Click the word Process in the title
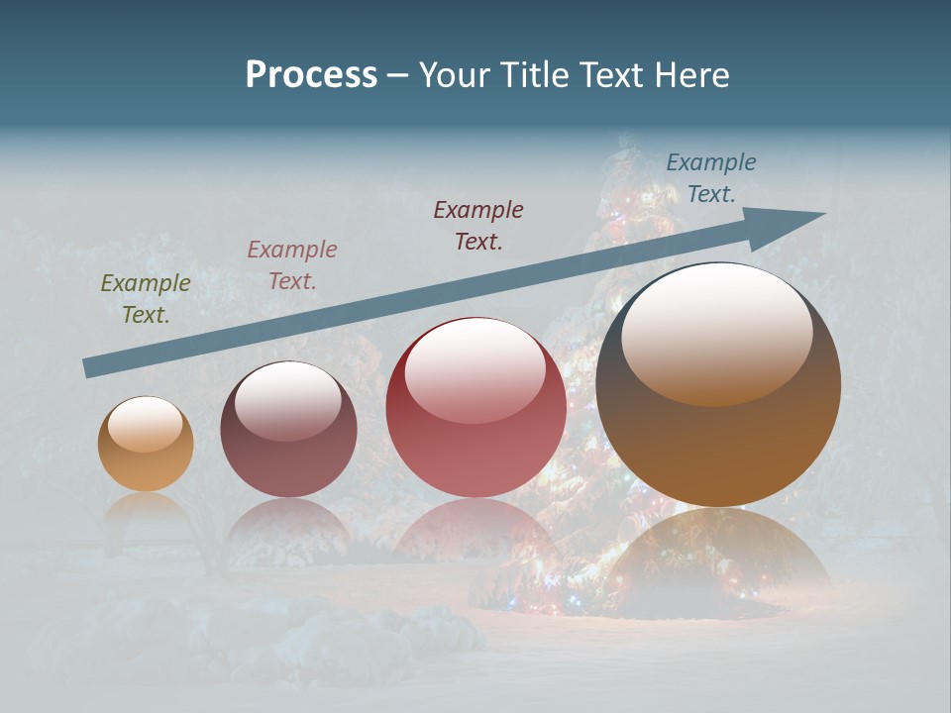(311, 75)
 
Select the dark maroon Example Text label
(478, 225)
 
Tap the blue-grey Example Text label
(711, 178)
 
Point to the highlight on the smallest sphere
(145, 424)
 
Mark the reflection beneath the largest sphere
(718, 560)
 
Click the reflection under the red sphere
(475, 535)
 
